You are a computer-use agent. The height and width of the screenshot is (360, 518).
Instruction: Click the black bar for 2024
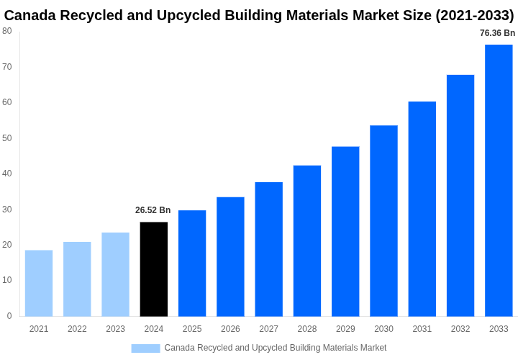click(x=154, y=269)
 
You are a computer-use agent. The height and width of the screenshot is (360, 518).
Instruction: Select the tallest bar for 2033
click(x=499, y=181)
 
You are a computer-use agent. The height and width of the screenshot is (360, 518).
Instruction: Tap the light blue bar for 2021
click(x=39, y=283)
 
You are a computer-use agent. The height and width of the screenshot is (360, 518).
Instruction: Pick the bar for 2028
click(x=307, y=241)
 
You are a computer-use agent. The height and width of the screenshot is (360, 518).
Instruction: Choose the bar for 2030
click(x=383, y=221)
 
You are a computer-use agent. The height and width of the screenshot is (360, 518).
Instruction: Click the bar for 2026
click(x=230, y=257)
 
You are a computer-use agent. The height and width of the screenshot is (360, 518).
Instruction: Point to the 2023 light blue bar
click(x=115, y=274)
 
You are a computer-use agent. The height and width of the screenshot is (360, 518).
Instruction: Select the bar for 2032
click(x=460, y=196)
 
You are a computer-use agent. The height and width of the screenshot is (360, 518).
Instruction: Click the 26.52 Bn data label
click(x=153, y=210)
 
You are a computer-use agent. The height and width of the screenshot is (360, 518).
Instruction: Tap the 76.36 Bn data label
click(x=498, y=33)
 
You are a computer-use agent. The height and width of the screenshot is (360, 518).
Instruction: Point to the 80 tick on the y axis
click(x=7, y=31)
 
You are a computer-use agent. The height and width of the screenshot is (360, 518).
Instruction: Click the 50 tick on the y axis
click(x=7, y=138)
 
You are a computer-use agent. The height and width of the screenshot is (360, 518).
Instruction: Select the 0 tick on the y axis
click(x=9, y=316)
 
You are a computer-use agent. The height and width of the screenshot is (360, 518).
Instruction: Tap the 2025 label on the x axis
click(x=192, y=329)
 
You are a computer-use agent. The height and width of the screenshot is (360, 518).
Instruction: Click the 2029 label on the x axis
click(x=345, y=329)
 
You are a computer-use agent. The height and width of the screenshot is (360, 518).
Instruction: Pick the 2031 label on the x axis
click(x=422, y=329)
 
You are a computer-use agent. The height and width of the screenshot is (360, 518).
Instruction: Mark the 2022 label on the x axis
click(x=77, y=329)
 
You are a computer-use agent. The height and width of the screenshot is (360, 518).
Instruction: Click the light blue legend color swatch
click(x=145, y=348)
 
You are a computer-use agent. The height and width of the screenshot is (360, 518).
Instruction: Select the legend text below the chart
click(x=276, y=348)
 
